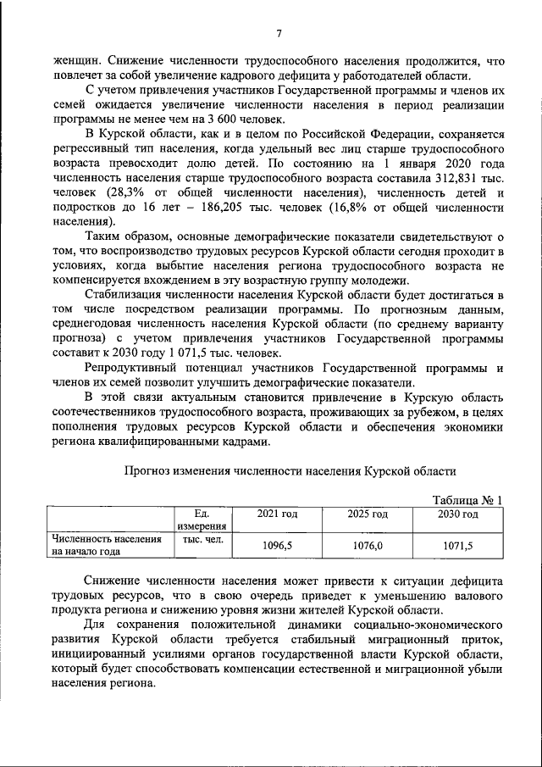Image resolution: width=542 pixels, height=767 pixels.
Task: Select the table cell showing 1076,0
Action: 367,547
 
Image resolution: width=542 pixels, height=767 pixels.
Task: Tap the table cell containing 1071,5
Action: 457,547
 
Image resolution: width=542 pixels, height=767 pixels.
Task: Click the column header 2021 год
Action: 277,514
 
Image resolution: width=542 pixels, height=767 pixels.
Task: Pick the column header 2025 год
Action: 367,514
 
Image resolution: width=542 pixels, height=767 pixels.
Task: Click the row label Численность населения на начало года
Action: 107,545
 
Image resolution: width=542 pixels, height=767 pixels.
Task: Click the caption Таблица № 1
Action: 467,500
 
